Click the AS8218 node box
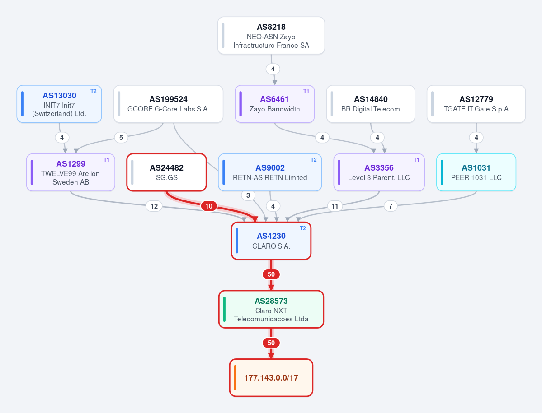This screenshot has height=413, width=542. (271, 36)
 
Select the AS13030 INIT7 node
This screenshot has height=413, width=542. (59, 104)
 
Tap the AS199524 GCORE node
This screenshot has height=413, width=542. (168, 104)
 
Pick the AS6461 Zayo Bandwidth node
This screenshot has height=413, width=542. (275, 104)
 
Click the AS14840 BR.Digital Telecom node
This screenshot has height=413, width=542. (371, 104)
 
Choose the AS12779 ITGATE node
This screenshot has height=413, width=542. (476, 104)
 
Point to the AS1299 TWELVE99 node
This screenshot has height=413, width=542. (71, 172)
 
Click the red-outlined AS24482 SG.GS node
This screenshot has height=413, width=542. (167, 172)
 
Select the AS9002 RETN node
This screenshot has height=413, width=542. (270, 172)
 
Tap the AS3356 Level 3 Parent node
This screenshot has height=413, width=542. (379, 172)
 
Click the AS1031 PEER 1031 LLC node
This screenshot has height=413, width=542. (476, 172)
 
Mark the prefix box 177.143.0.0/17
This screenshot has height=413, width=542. (271, 378)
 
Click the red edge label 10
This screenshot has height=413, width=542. (209, 206)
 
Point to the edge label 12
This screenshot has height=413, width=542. (154, 206)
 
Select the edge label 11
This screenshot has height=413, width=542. (335, 206)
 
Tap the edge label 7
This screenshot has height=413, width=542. (391, 206)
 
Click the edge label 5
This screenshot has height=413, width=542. (121, 138)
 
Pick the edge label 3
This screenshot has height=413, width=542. (248, 195)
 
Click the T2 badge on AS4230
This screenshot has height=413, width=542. (303, 228)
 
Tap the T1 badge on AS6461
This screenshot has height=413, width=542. (306, 91)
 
